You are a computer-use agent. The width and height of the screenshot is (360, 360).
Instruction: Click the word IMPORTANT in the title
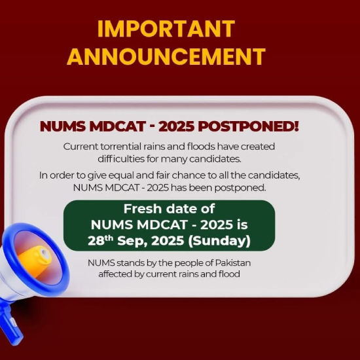[x=166, y=29]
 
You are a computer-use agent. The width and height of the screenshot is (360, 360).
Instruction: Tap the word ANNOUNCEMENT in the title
[x=166, y=56]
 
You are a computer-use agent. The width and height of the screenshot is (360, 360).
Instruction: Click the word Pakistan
[x=232, y=263]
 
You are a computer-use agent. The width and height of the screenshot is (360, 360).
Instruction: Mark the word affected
[x=117, y=274]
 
